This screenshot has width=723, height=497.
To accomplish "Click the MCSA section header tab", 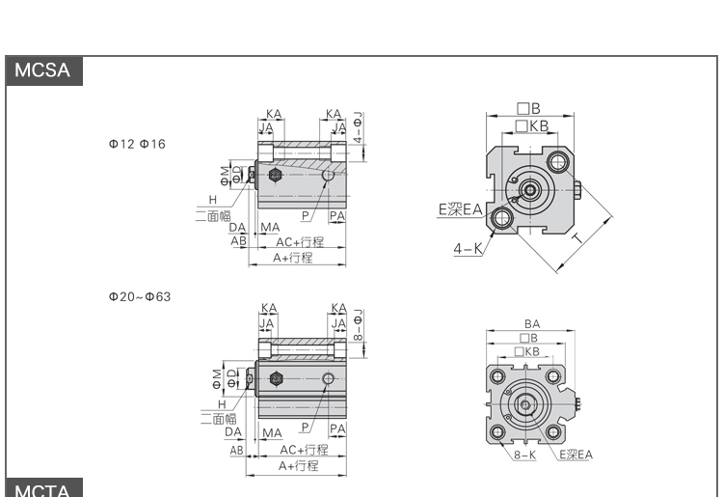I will point(42,70).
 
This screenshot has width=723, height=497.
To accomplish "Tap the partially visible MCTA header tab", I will point(42,489).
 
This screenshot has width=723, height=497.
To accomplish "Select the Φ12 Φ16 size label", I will point(137,144).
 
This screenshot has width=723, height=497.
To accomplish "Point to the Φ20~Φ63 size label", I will point(139,296).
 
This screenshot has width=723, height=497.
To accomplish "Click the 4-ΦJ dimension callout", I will point(358,127).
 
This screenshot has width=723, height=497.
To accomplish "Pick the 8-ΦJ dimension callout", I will point(358,326).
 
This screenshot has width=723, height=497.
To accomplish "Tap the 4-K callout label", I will point(469,249).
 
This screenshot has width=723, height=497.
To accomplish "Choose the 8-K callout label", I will point(524,455).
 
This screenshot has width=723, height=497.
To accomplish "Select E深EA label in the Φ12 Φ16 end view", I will point(460,208).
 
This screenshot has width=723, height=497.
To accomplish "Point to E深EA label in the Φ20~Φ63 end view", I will point(576,455).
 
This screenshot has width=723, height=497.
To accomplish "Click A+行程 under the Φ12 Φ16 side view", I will point(293,258).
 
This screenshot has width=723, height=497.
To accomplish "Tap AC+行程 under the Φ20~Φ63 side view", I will point(304,450).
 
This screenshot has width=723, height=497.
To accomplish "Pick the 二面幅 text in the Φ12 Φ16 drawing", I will point(212,215).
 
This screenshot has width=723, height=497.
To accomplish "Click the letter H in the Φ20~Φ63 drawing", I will point(222,403).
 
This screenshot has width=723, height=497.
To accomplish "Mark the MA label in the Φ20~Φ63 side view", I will point(272,433).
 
